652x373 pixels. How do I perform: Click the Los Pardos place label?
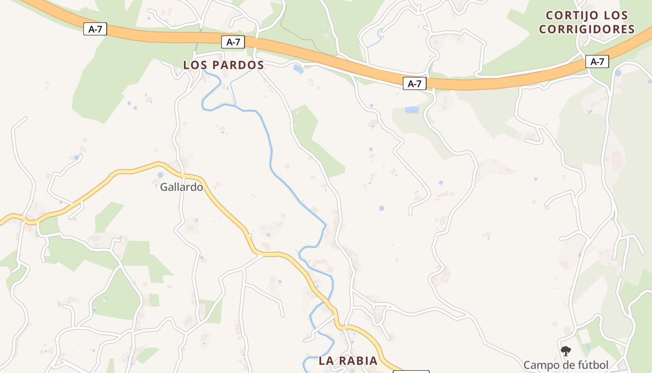pyautogui.click(x=224, y=65)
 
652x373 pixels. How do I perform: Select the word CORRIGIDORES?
pyautogui.click(x=587, y=29)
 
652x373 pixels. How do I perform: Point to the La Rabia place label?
pyautogui.click(x=348, y=361)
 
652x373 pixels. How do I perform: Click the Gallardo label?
pyautogui.click(x=182, y=187)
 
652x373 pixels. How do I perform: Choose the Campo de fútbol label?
pyautogui.click(x=565, y=365)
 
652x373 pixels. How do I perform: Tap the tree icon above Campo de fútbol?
pyautogui.click(x=565, y=351)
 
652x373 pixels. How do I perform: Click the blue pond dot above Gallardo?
pyautogui.click(x=160, y=175)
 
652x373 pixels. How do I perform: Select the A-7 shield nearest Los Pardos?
pyautogui.click(x=233, y=42)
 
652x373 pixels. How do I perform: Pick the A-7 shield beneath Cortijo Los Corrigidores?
pyautogui.click(x=597, y=62)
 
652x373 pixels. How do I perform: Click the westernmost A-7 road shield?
pyautogui.click(x=95, y=29)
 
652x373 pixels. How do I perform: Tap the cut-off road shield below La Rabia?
pyautogui.click(x=411, y=372)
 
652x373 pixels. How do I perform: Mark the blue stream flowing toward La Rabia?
pyautogui.click(x=298, y=186)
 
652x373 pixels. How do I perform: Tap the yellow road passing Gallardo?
pyautogui.click(x=228, y=210)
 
